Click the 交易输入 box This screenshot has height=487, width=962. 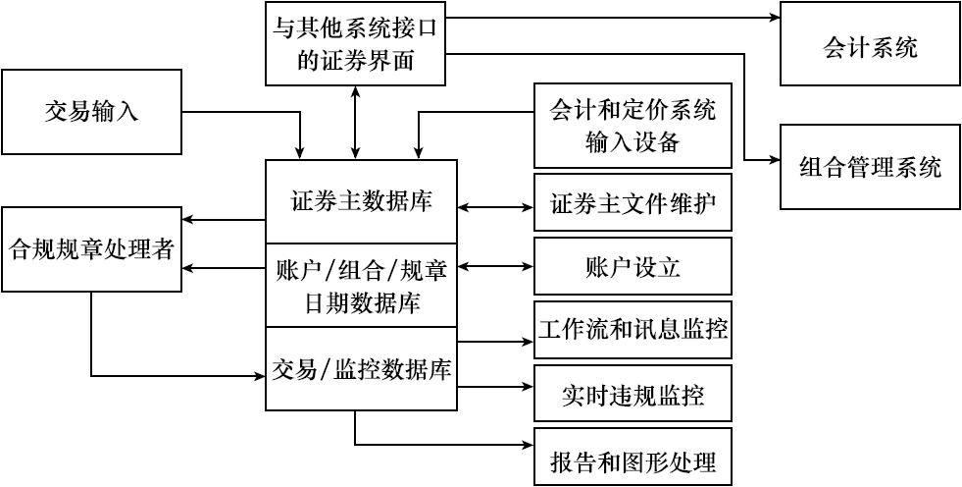[x=92, y=111]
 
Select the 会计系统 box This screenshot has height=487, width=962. [x=870, y=44]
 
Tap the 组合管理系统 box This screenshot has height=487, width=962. [x=870, y=167]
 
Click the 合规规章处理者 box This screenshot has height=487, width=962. [x=92, y=249]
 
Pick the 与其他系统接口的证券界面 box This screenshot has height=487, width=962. [x=355, y=44]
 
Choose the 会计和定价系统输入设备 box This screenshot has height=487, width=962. [x=633, y=126]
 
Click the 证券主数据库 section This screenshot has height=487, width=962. [x=362, y=201]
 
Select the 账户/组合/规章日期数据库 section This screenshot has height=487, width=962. [x=362, y=285]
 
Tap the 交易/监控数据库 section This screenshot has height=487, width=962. [x=362, y=369]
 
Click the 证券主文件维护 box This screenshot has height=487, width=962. [x=633, y=206]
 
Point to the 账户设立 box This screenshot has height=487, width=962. [x=633, y=267]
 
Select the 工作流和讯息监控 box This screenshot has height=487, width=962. [x=633, y=329]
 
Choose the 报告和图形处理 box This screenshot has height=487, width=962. [x=633, y=458]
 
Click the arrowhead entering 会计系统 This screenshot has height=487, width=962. [x=773, y=17]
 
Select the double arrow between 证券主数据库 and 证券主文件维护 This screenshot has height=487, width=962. [x=495, y=207]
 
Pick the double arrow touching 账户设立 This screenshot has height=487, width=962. [x=495, y=266]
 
